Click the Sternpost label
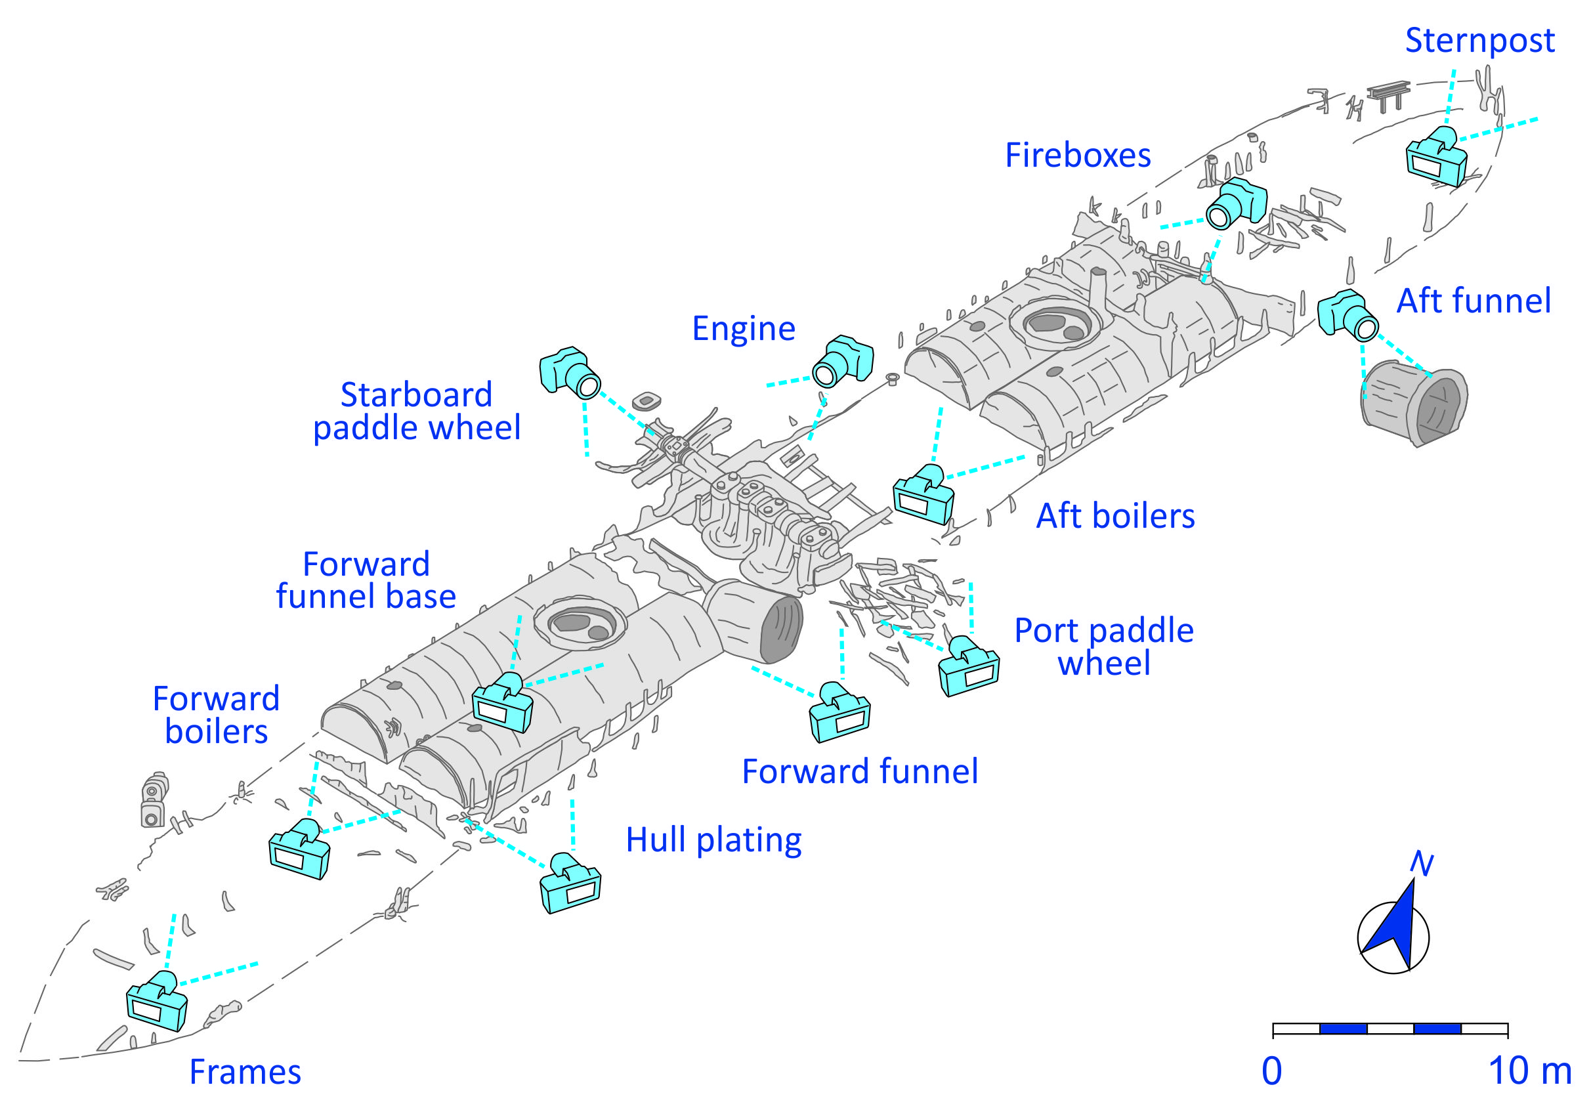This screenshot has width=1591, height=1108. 1479,41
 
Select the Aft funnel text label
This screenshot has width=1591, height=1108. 1474,301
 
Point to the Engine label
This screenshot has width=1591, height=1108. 744,329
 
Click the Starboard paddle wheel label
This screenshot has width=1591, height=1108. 417,412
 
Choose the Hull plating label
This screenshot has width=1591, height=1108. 713,840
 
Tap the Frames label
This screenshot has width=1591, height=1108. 245,1072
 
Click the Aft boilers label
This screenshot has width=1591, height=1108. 1115,516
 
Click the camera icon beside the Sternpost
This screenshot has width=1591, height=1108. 1437,157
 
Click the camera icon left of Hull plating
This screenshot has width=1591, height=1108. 570,884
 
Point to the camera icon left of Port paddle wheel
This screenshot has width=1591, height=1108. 969,667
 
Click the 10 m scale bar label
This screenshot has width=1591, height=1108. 1529,1071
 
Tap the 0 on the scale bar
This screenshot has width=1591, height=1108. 1271,1071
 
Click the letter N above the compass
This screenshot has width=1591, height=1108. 1421,864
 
